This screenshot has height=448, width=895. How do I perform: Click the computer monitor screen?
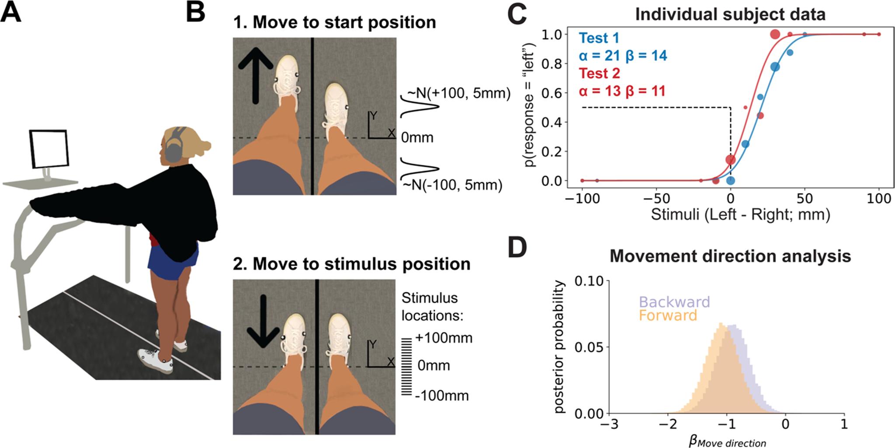[x=49, y=149]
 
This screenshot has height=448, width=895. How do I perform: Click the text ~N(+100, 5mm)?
[x=458, y=93]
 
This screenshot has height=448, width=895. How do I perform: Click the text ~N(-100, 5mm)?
[x=452, y=185]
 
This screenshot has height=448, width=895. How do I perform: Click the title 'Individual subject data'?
[x=730, y=14]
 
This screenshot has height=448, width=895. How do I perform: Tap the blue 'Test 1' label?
[x=599, y=38]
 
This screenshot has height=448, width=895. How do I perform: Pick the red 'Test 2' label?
[x=600, y=73]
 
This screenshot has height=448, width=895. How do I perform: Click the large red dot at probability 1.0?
[x=775, y=34]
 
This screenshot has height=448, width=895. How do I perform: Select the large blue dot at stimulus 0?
[x=730, y=180]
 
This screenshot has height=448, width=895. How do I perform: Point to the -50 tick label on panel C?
[x=656, y=199]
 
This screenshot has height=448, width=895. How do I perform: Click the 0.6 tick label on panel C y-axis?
[x=552, y=93]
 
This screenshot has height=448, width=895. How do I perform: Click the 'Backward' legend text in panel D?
[x=674, y=302]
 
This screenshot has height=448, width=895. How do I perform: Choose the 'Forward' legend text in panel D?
[x=668, y=316]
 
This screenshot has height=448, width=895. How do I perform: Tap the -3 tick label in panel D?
[x=610, y=424]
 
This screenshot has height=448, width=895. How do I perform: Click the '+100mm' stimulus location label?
[x=444, y=338]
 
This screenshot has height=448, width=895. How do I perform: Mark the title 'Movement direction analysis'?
[x=730, y=256]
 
